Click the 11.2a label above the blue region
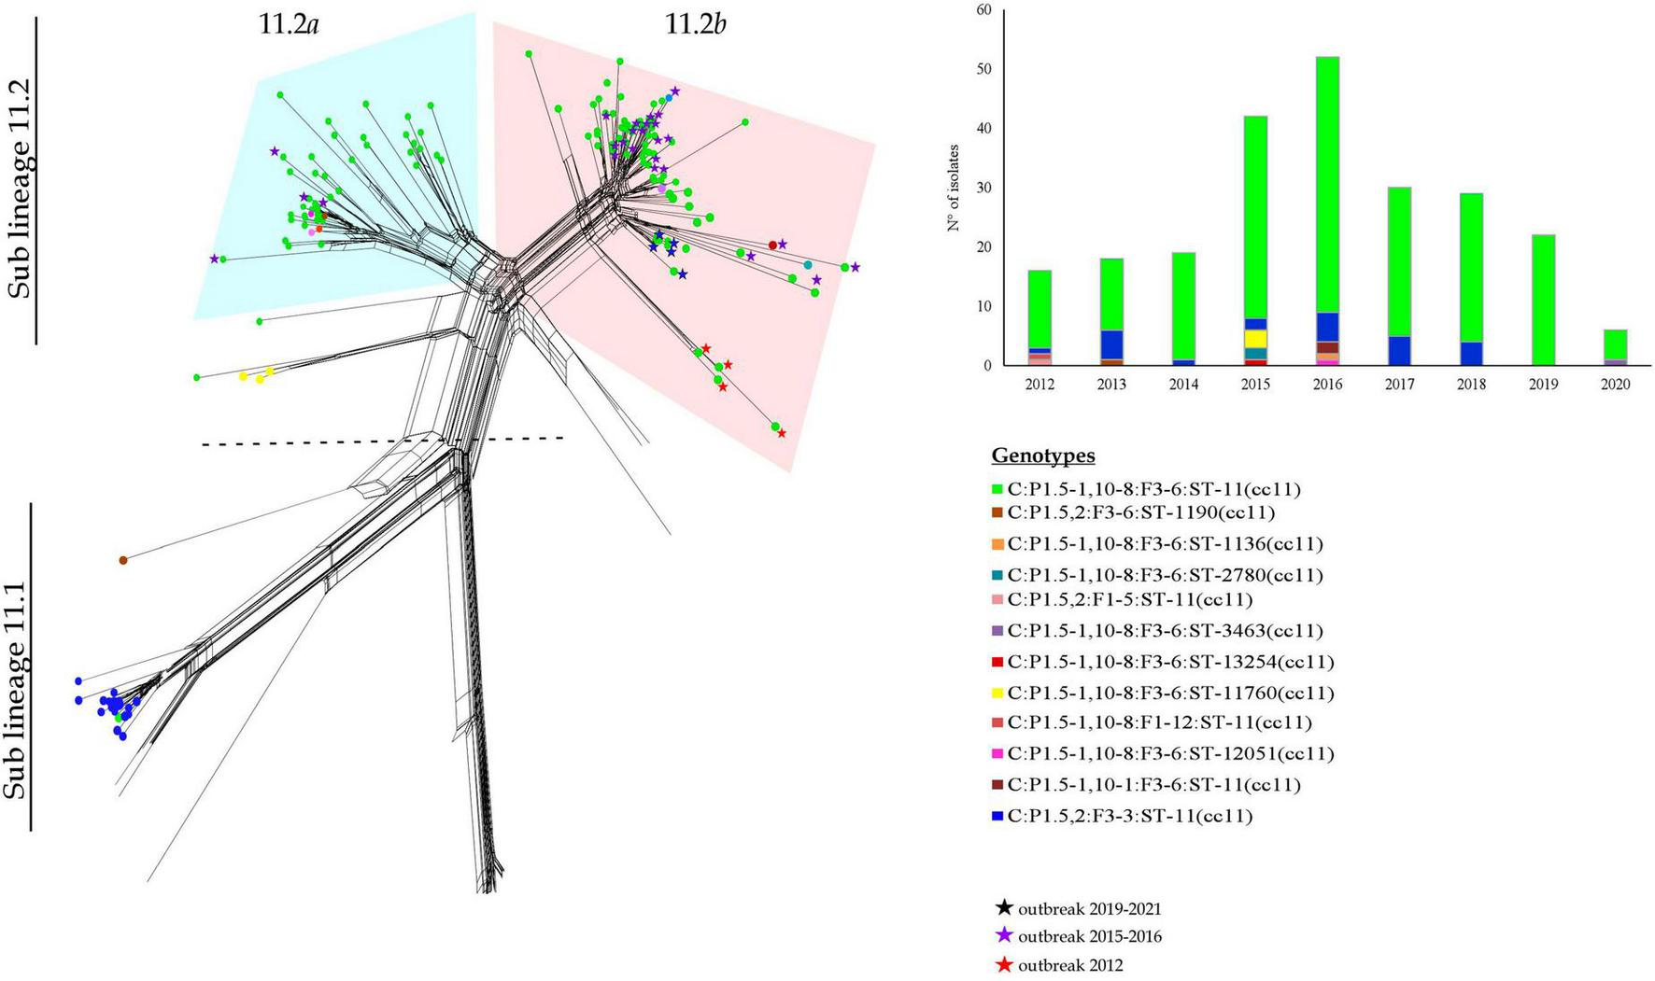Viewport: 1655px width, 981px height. tap(289, 24)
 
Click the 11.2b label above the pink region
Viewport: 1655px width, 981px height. tap(695, 24)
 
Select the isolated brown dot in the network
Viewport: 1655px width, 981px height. tap(123, 560)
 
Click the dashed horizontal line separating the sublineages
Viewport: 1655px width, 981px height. tap(383, 441)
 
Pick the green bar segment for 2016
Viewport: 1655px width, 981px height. tap(1327, 187)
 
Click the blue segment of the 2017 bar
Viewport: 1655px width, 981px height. tap(1399, 350)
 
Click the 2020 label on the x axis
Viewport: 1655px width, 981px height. tap(1615, 385)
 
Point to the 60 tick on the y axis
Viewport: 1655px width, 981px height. tap(983, 10)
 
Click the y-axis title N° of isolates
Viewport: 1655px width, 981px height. tap(954, 188)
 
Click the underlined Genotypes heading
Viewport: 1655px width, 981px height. tap(1043, 456)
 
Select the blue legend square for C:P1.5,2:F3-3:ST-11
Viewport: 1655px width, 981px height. tap(997, 817)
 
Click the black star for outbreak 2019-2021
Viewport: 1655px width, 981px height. tap(1004, 907)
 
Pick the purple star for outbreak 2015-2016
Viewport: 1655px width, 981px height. tap(1004, 935)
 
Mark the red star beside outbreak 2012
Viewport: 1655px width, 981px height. tap(1004, 964)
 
